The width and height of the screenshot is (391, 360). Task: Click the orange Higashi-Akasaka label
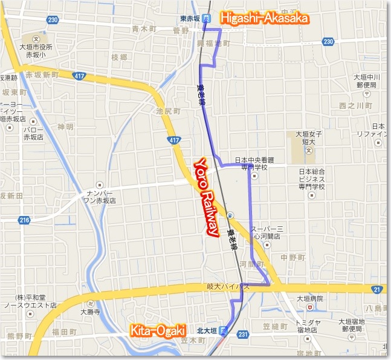coord(264,19)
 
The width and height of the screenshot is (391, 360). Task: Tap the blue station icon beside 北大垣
coord(223,331)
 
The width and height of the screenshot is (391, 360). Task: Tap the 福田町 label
coord(63,332)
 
